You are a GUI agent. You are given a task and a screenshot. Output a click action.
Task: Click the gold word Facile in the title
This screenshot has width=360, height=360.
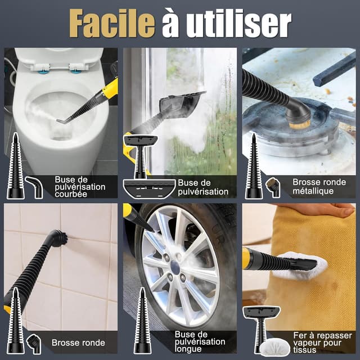(112, 23)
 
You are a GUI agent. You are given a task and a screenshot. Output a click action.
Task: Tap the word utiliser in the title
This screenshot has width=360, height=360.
(238, 23)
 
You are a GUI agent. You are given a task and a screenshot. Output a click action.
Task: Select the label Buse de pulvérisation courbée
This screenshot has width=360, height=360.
(80, 187)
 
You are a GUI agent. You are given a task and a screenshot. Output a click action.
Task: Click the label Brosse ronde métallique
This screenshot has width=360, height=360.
(319, 186)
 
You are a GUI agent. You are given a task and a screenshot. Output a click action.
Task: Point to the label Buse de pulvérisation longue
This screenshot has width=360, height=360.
(200, 341)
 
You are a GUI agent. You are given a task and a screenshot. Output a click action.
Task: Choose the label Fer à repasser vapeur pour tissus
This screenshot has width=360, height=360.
(322, 343)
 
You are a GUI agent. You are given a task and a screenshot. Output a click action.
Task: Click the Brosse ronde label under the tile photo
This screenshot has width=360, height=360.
(78, 343)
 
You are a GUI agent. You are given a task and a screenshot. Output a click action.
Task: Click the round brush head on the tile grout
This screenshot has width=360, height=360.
(58, 238)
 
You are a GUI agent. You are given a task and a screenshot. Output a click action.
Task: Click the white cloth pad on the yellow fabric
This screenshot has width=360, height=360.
(301, 266)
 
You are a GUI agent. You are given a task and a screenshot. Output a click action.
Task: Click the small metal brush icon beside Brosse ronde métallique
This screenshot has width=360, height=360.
(273, 186)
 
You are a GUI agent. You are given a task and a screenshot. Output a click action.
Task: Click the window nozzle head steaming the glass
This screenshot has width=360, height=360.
(181, 105)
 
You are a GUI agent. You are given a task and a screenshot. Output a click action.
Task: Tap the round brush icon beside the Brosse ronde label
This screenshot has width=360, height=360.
(34, 344)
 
